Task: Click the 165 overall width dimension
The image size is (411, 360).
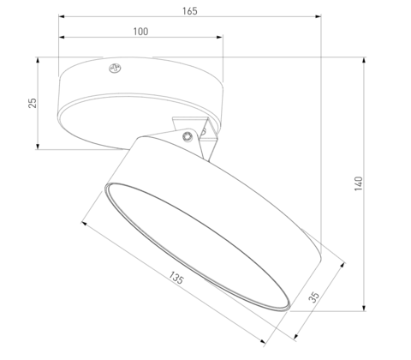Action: click(x=190, y=11)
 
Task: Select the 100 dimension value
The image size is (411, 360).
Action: click(x=141, y=32)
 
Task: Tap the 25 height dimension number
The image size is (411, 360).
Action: click(x=33, y=103)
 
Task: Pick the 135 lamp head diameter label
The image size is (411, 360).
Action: click(x=176, y=278)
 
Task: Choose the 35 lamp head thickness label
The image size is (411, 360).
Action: click(x=313, y=298)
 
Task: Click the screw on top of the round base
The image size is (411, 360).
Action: click(x=113, y=67)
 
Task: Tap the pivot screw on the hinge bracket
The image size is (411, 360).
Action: click(x=186, y=134)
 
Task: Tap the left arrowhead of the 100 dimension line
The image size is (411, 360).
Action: click(x=62, y=38)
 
